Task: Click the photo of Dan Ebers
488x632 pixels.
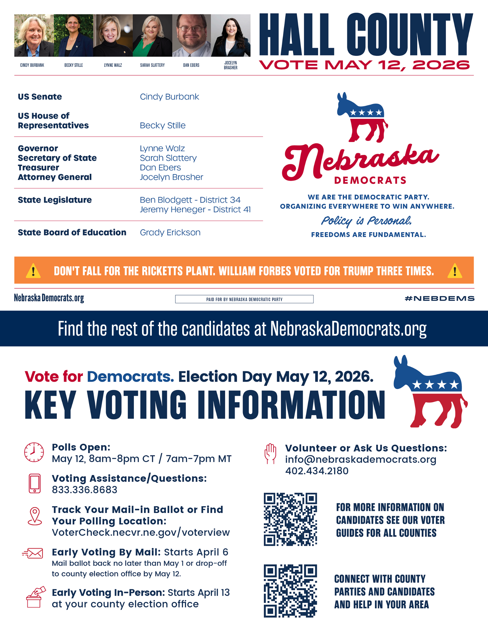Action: pyautogui.click(x=191, y=35)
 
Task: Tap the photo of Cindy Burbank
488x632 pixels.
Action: pyautogui.click(x=34, y=35)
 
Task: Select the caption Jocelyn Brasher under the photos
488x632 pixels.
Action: pyautogui.click(x=231, y=65)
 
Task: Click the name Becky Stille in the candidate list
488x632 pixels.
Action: pyautogui.click(x=163, y=125)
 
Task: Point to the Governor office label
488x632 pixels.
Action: pyautogui.click(x=38, y=148)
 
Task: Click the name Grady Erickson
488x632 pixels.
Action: pyautogui.click(x=170, y=232)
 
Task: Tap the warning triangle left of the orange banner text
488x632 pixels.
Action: pyautogui.click(x=33, y=271)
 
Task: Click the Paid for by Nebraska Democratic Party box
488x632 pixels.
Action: pyautogui.click(x=244, y=299)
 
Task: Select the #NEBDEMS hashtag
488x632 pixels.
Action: pyautogui.click(x=439, y=298)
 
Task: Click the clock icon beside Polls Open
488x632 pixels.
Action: pyautogui.click(x=34, y=452)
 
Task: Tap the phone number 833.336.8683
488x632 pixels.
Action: pyautogui.click(x=85, y=489)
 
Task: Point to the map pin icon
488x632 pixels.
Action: pyautogui.click(x=35, y=516)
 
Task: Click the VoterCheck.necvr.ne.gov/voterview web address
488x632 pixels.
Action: pyautogui.click(x=141, y=532)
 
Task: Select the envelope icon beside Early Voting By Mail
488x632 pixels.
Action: pyautogui.click(x=33, y=553)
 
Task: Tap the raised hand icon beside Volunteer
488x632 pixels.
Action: pyautogui.click(x=270, y=453)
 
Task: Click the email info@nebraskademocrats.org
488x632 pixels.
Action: pyautogui.click(x=361, y=459)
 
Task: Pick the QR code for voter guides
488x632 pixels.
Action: pyautogui.click(x=290, y=519)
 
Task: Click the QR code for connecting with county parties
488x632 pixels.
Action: pyautogui.click(x=290, y=591)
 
